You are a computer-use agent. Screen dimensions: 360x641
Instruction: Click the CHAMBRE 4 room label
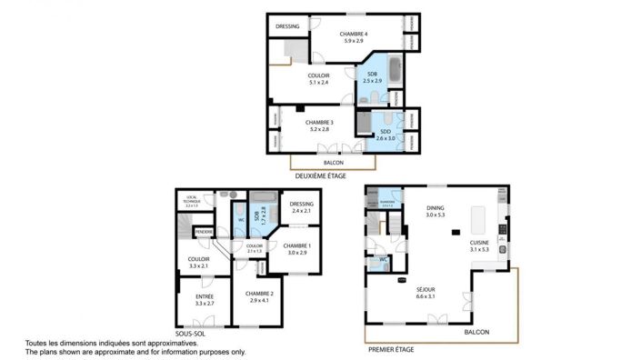point(353,37)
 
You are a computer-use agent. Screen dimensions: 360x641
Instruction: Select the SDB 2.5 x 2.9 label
point(372,78)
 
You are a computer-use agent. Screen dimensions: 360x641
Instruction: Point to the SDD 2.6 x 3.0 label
point(385,135)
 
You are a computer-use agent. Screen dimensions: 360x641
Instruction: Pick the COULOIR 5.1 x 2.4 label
point(318,78)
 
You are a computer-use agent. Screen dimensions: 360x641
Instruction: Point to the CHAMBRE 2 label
point(259,295)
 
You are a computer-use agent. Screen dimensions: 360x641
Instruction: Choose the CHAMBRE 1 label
point(296,249)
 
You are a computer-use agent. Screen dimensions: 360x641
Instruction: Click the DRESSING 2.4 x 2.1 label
point(301,207)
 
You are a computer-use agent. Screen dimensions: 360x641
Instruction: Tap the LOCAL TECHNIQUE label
point(192,201)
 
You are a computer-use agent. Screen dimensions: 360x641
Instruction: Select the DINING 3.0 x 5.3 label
point(436,211)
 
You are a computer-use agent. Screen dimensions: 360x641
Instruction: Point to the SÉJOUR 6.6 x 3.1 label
point(428,293)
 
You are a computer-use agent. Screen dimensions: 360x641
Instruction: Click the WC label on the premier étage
point(382,259)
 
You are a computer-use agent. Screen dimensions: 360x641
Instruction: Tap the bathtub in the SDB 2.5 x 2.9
point(394,70)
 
